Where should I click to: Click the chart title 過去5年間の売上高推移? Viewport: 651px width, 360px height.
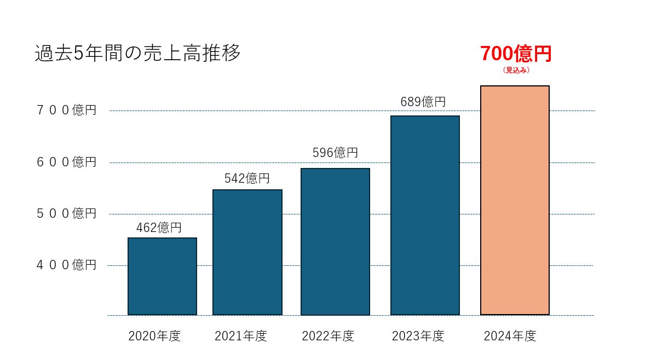coord(137,54)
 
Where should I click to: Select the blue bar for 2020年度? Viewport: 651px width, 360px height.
coord(162,276)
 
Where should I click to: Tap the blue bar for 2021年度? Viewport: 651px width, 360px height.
coord(247,252)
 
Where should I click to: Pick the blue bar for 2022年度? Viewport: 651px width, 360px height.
coord(335,241)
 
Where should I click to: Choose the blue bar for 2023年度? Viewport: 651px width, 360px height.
coord(425,215)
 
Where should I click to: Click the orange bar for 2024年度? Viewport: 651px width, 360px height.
coord(515,200)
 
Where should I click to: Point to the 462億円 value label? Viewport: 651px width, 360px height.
coord(159,228)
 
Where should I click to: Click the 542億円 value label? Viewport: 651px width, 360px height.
coord(247,178)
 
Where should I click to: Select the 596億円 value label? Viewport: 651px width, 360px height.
coord(335,153)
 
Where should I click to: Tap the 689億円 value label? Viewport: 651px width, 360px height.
coord(423,102)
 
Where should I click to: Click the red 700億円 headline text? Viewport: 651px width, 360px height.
coord(516,54)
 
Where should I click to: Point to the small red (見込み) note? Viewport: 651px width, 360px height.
coord(516,70)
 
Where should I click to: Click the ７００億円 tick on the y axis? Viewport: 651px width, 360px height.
coord(66,111)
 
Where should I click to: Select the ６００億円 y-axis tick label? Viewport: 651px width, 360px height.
coord(66,162)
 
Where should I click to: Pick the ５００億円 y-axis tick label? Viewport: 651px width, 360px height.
coord(66,213)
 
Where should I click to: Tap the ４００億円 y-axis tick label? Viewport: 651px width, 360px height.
coord(66,265)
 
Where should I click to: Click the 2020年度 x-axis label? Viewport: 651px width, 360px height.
coord(154,336)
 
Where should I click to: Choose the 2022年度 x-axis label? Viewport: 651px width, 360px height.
coord(328,336)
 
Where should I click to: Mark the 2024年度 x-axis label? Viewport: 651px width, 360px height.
coord(510,336)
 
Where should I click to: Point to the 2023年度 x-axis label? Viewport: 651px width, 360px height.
coord(418,336)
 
